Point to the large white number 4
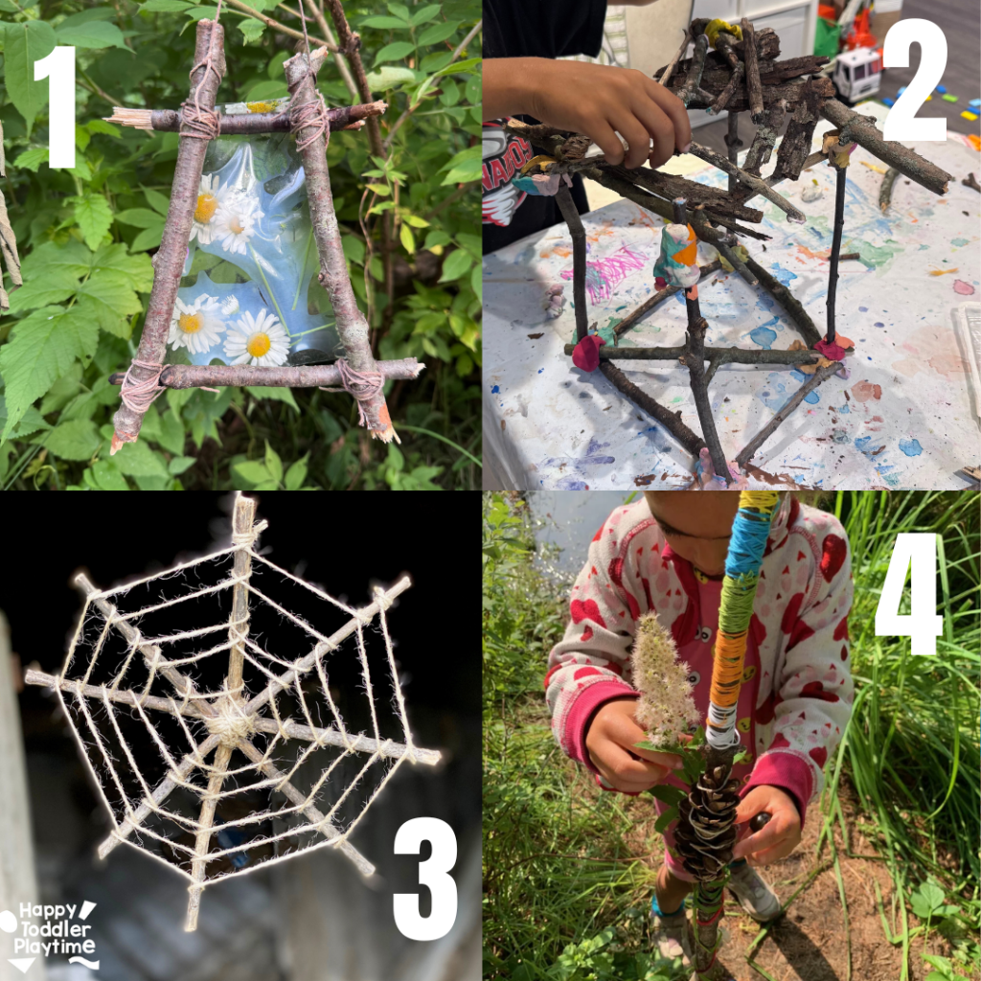pos(908,593)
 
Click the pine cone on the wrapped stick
pos(708,813)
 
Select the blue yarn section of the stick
pos(748,544)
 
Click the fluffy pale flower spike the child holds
pos(662,679)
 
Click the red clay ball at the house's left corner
pos(587,353)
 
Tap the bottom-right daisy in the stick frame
pos(257,338)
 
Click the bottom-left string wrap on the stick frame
pos(141,384)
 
